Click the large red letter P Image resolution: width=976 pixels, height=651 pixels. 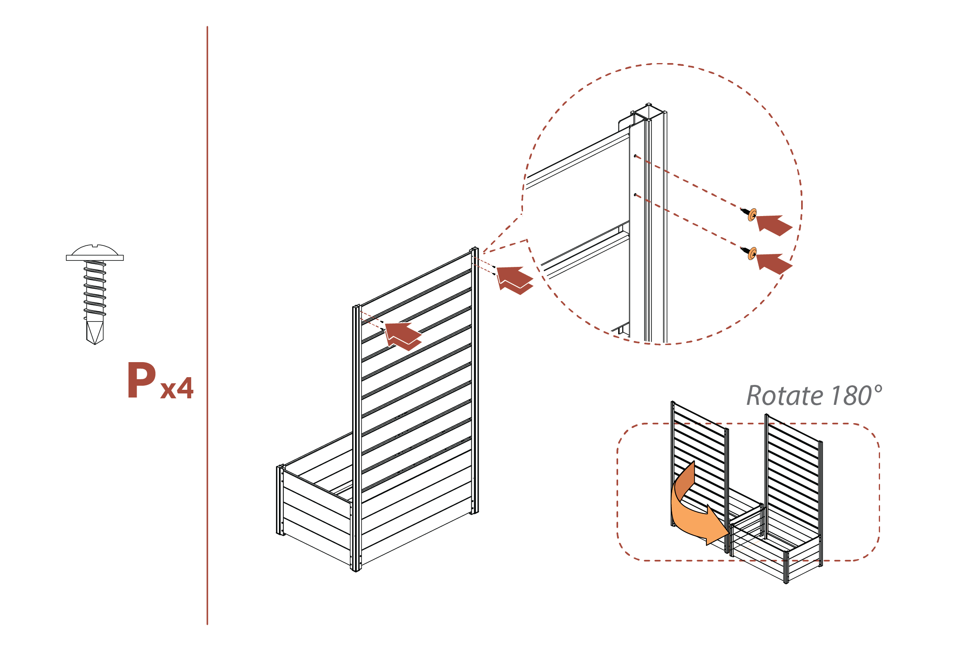click(x=142, y=380)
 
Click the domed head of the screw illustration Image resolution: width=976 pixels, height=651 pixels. click(x=95, y=251)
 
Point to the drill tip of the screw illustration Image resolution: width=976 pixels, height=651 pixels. click(x=95, y=332)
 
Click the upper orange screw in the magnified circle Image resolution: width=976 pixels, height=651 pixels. click(x=752, y=215)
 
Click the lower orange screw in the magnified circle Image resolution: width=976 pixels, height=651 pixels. click(x=752, y=253)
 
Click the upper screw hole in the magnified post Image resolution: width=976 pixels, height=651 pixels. click(x=635, y=156)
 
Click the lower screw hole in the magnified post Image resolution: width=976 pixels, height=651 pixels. click(x=635, y=194)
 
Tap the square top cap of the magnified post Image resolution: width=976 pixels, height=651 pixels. click(x=649, y=111)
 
